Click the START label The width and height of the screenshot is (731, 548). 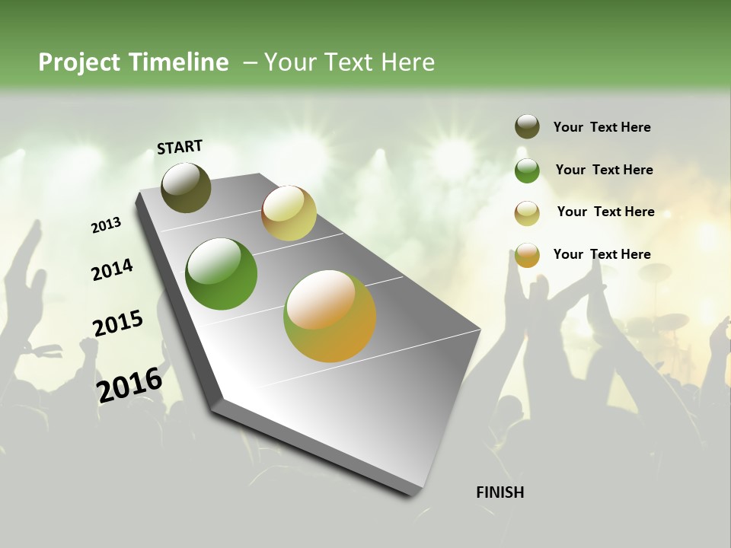pyautogui.click(x=180, y=147)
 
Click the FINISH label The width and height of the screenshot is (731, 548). pyautogui.click(x=500, y=492)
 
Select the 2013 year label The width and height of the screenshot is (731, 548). pyautogui.click(x=107, y=225)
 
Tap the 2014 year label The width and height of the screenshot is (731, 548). pyautogui.click(x=112, y=269)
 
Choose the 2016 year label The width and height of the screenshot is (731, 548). pyautogui.click(x=129, y=384)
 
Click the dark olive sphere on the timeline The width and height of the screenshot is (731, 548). pyautogui.click(x=186, y=187)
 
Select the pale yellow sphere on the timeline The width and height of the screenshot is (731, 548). pyautogui.click(x=289, y=213)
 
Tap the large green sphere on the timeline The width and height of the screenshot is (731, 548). pyautogui.click(x=221, y=274)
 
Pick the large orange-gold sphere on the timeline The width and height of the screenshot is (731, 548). pyautogui.click(x=330, y=316)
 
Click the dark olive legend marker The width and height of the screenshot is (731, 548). pyautogui.click(x=527, y=127)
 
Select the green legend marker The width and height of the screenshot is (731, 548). pyautogui.click(x=527, y=170)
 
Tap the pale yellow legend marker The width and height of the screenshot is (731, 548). pyautogui.click(x=527, y=212)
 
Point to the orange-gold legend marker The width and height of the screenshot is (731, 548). pyautogui.click(x=527, y=255)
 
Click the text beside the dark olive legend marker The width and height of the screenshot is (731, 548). pyautogui.click(x=602, y=127)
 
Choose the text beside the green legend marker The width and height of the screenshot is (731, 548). pyautogui.click(x=604, y=170)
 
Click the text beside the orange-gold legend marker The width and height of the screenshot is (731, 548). pyautogui.click(x=602, y=254)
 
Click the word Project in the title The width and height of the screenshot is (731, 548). pyautogui.click(x=80, y=62)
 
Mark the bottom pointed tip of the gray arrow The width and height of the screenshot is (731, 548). pyautogui.click(x=415, y=493)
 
